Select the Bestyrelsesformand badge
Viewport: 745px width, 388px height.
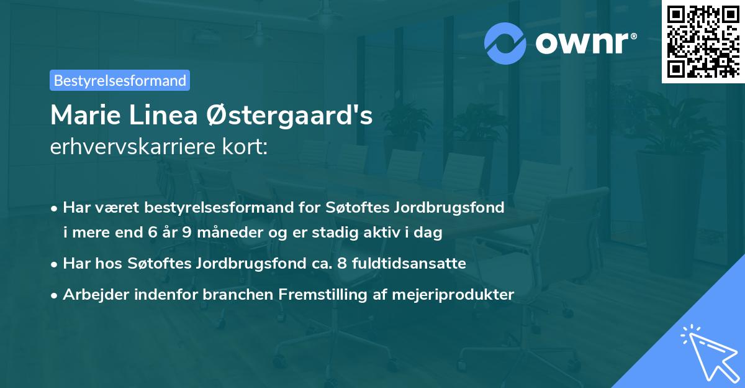pyautogui.click(x=120, y=80)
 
